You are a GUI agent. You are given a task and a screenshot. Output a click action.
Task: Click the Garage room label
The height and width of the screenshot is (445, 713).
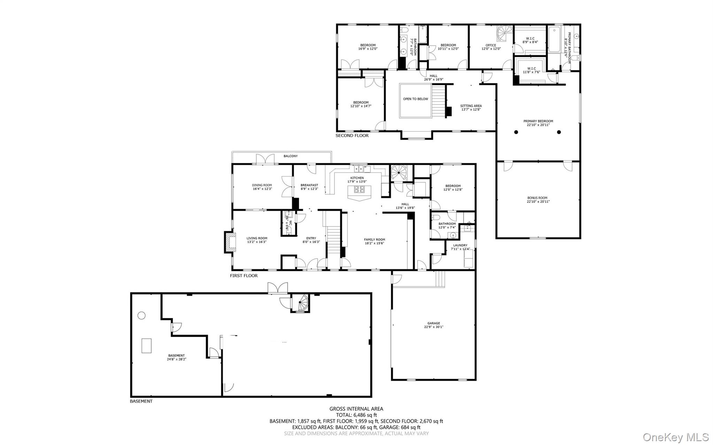434,323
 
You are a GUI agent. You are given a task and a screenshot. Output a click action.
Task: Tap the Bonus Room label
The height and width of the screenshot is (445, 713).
538,198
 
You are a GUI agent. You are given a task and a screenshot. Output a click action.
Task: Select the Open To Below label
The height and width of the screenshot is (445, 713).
416,99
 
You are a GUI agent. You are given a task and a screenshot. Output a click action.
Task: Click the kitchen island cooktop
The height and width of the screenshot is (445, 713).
359,190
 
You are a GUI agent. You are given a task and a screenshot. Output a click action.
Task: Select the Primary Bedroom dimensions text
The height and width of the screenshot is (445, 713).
538,125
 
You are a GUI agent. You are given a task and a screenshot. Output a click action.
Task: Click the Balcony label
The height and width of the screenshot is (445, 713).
290,156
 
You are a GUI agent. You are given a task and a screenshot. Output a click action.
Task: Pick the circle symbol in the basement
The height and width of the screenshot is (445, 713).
141,315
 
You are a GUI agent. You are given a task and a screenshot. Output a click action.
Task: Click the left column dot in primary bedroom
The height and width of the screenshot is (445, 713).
516,132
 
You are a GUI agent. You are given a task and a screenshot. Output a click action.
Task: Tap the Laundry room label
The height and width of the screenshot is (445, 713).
460,245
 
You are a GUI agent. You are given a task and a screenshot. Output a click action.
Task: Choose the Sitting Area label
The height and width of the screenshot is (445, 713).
471,106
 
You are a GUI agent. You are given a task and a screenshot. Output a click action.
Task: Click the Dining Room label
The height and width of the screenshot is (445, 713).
262,185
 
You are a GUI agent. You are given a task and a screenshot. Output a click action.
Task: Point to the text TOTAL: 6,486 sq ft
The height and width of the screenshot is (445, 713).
356,415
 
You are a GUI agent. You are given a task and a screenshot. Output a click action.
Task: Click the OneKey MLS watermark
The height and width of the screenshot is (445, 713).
675,437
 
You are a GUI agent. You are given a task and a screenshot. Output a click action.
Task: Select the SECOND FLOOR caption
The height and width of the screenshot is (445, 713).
352,135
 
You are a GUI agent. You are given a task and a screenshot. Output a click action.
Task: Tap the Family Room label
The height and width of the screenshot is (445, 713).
374,240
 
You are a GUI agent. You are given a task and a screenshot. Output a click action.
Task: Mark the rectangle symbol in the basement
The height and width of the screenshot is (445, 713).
146,345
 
